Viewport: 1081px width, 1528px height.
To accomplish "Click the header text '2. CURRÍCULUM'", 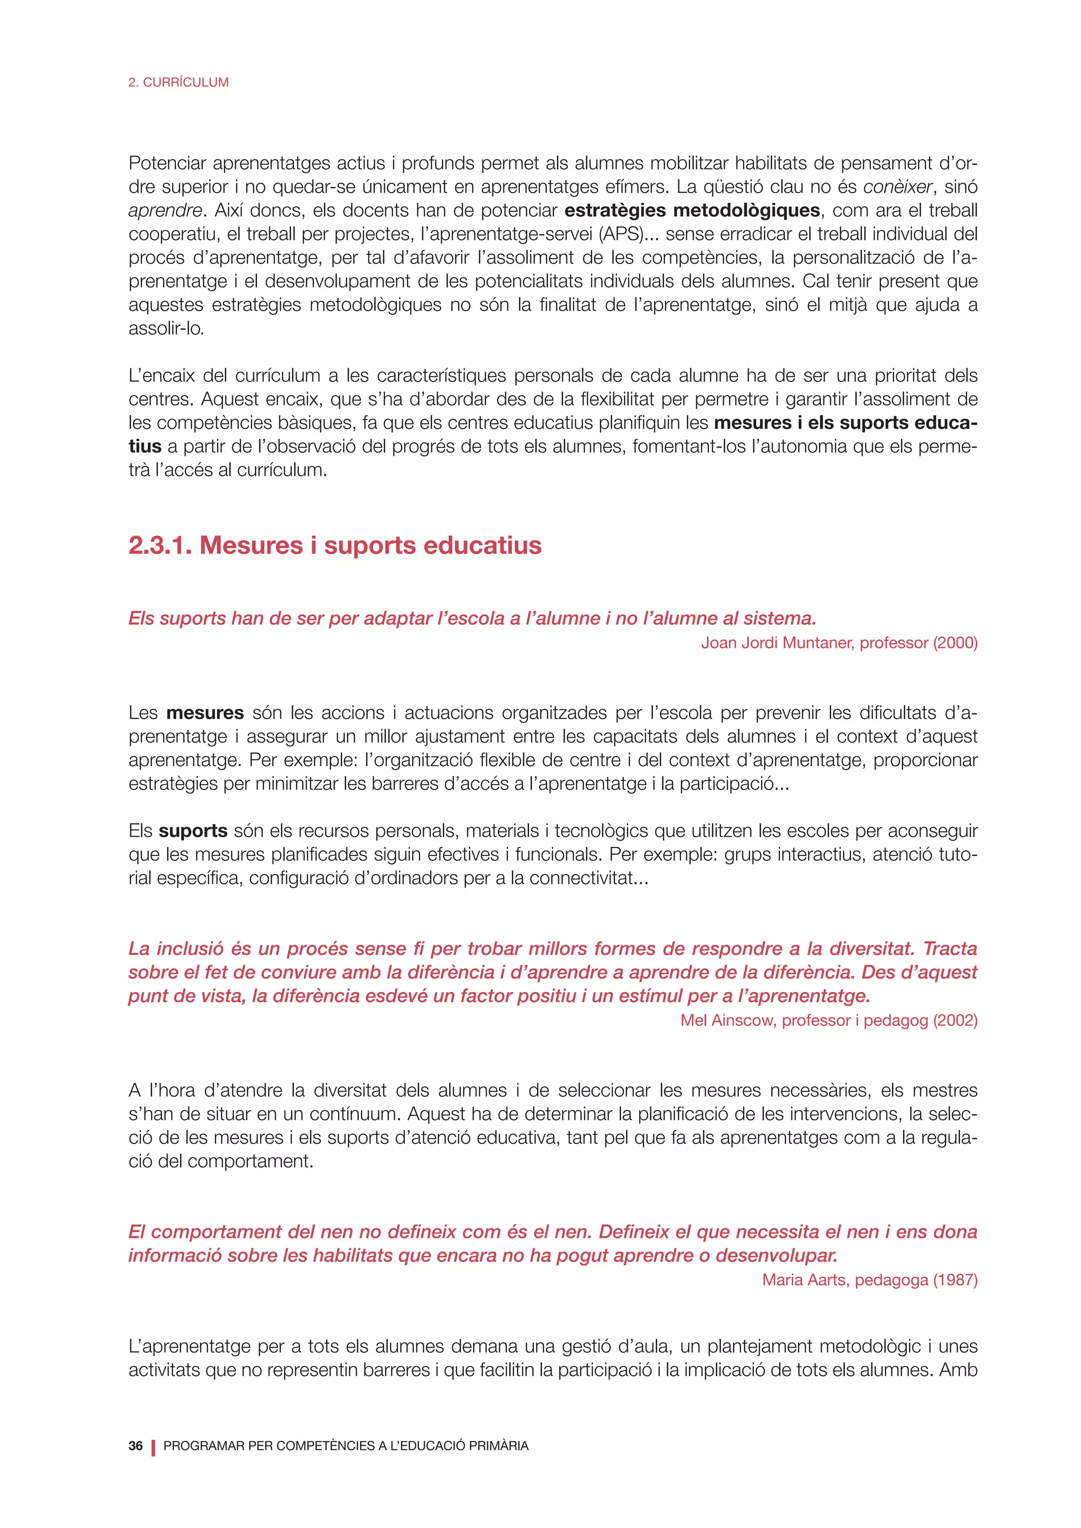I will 178,82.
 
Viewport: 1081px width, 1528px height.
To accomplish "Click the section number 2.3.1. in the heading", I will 160,545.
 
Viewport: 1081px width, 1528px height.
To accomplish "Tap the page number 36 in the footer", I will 136,1446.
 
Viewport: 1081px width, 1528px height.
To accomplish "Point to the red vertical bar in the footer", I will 153,1446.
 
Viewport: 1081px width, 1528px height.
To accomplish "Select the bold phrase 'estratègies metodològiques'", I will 691,211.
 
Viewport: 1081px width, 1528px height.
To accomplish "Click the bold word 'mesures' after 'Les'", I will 205,713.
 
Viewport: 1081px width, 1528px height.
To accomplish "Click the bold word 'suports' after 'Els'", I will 193,831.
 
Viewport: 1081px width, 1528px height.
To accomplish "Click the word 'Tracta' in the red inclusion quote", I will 950,948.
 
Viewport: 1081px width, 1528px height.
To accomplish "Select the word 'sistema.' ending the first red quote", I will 780,618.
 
